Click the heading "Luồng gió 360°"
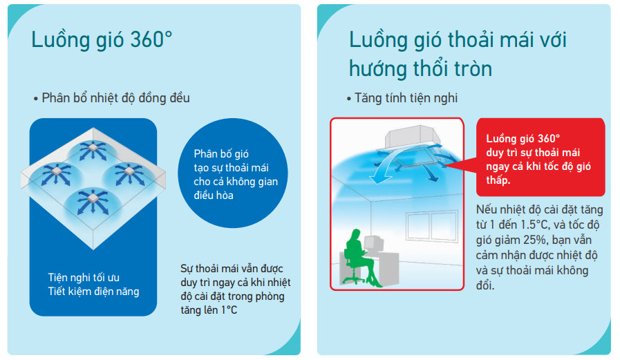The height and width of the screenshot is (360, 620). pyautogui.click(x=102, y=40)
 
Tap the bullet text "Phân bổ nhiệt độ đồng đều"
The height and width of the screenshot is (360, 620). pyautogui.click(x=115, y=98)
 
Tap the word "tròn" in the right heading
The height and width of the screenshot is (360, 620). pyautogui.click(x=472, y=69)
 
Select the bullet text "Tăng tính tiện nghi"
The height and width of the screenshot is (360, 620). pyautogui.click(x=406, y=98)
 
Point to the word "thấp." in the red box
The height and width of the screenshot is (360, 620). pyautogui.click(x=498, y=180)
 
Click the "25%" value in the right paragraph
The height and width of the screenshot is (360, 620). pyautogui.click(x=535, y=240)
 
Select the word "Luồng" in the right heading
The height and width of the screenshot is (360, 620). pyautogui.click(x=377, y=39)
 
